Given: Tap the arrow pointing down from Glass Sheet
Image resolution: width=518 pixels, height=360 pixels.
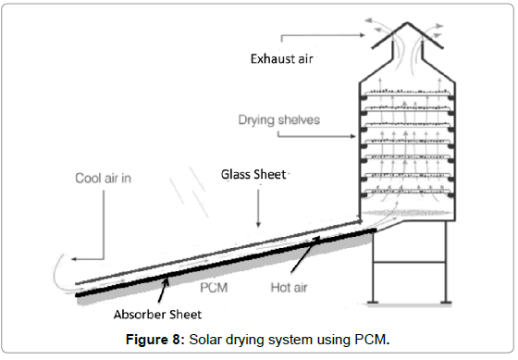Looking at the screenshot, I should point(259,212).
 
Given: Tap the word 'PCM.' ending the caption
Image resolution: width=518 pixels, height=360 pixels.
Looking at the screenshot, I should point(373,339).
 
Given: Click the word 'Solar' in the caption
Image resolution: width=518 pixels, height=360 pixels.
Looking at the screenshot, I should point(208,339).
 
